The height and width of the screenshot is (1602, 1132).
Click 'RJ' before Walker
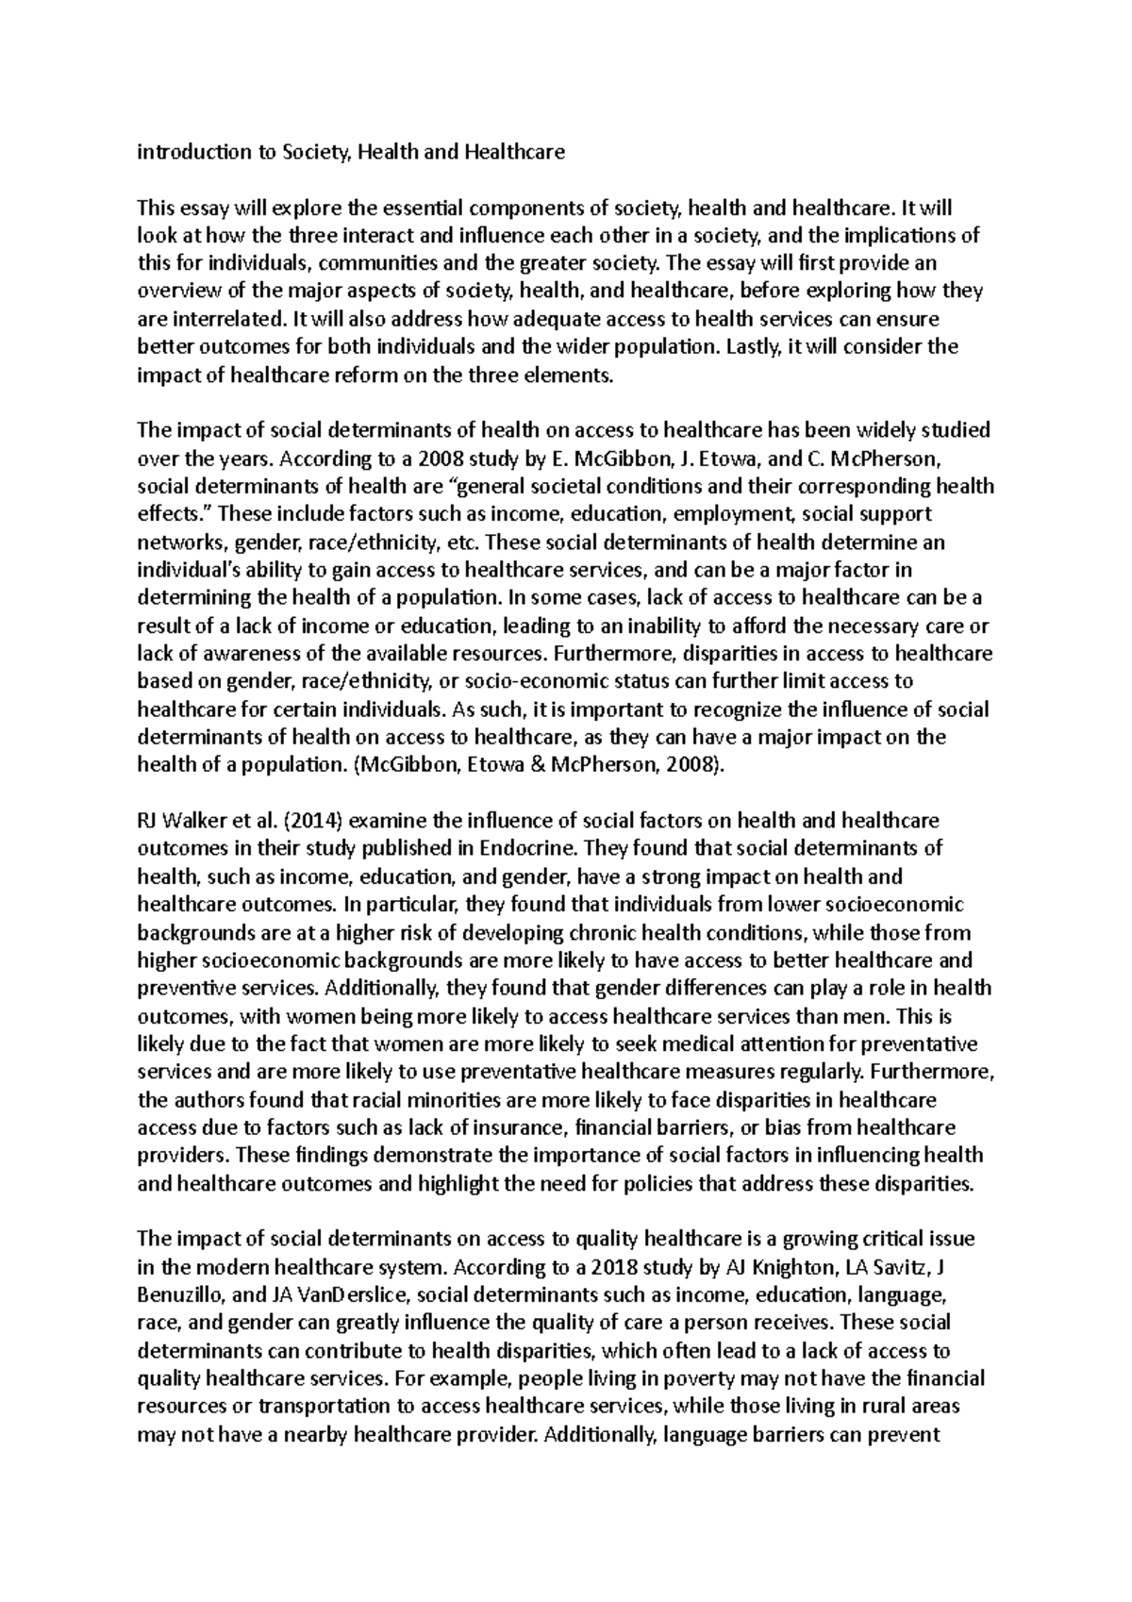(x=150, y=821)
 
